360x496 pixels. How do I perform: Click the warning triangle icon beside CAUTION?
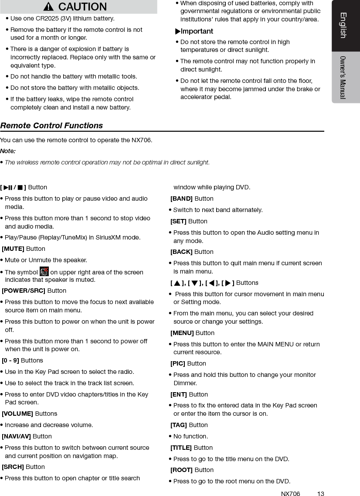tap(49, 7)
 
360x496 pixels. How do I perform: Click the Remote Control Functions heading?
tap(51, 126)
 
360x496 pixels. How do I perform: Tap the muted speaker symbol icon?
tap(44, 271)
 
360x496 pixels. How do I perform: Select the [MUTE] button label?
tap(13, 249)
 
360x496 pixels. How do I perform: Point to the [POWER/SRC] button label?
tap(24, 291)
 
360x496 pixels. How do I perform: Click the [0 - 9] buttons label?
tap(10, 360)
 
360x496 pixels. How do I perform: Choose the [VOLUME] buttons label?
tap(17, 414)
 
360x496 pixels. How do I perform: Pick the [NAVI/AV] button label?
tap(16, 436)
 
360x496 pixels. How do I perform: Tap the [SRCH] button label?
tap(13, 467)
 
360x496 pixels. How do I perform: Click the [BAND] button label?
tap(181, 198)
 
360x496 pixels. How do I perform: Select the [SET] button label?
tap(178, 221)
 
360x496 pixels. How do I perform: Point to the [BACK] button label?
tap(181, 252)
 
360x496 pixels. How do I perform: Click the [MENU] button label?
tap(182, 333)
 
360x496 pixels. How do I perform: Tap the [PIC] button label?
tap(178, 363)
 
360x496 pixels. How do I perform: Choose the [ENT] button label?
tap(179, 394)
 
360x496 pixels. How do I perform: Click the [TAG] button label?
tap(179, 425)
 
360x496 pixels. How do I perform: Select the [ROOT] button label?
tap(181, 470)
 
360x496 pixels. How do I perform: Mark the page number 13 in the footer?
tap(320, 494)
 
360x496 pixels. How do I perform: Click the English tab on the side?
tap(343, 25)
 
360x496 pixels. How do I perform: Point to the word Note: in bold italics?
tap(8, 151)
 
